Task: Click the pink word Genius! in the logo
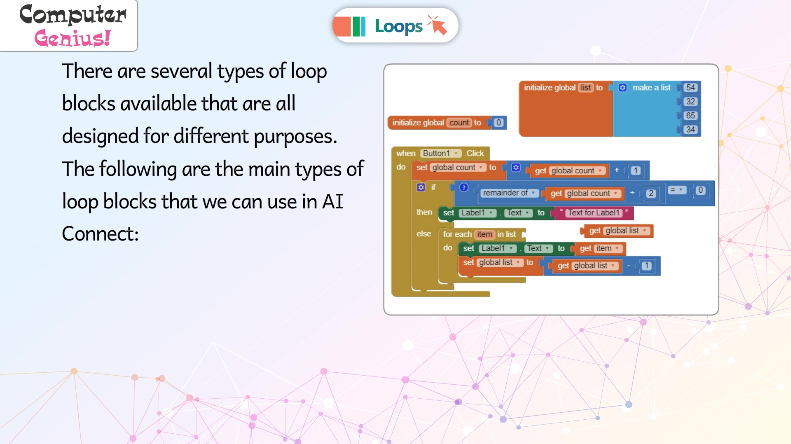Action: click(x=73, y=38)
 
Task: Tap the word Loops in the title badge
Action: click(x=398, y=26)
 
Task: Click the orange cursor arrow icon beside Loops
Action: click(x=438, y=25)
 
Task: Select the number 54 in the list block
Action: click(x=690, y=87)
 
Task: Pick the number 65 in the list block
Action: click(x=690, y=115)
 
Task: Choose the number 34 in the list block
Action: click(x=690, y=129)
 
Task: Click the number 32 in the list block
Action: click(x=690, y=101)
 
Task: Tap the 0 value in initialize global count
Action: click(x=498, y=122)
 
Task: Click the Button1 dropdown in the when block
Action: click(x=440, y=153)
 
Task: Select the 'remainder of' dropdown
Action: click(x=509, y=193)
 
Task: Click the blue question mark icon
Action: click(x=463, y=187)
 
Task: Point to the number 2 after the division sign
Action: click(x=651, y=193)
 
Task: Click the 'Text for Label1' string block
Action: click(x=594, y=213)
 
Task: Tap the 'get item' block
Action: click(x=601, y=248)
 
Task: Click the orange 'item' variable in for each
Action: click(x=484, y=234)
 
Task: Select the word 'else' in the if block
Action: click(x=424, y=234)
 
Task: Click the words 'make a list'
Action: click(x=651, y=87)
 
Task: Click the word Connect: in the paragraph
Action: click(x=100, y=234)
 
